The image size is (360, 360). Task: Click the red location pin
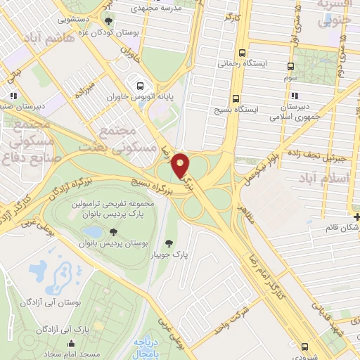tap(181, 165)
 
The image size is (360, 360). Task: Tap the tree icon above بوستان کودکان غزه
tap(108, 22)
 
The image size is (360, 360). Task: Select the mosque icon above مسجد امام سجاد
tap(71, 343)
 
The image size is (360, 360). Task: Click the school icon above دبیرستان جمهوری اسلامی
tap(295, 96)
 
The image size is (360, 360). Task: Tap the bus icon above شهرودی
tap(304, 346)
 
